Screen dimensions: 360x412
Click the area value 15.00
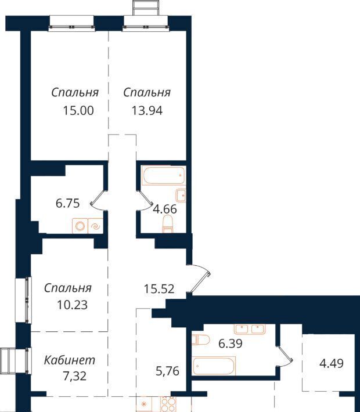click(78, 111)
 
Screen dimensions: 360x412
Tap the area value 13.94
click(147, 111)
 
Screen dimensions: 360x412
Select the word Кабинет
click(70, 360)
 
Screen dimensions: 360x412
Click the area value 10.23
click(72, 305)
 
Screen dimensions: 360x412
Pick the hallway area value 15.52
click(159, 289)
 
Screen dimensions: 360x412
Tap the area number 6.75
click(67, 203)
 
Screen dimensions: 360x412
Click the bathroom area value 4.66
click(165, 209)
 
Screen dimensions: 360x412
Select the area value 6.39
click(231, 343)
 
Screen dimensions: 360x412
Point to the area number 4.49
click(332, 364)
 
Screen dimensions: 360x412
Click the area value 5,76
click(167, 371)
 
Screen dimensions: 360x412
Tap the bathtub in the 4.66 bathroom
click(164, 175)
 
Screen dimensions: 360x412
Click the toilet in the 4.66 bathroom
click(167, 224)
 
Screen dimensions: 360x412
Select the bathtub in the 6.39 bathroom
click(214, 366)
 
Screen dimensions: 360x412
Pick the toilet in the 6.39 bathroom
click(200, 340)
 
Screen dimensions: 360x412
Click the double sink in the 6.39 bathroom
click(250, 329)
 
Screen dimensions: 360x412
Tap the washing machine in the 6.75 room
click(80, 226)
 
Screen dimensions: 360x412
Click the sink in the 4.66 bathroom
click(181, 196)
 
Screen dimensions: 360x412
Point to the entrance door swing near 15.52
click(199, 279)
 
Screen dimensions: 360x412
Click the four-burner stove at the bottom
click(168, 404)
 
